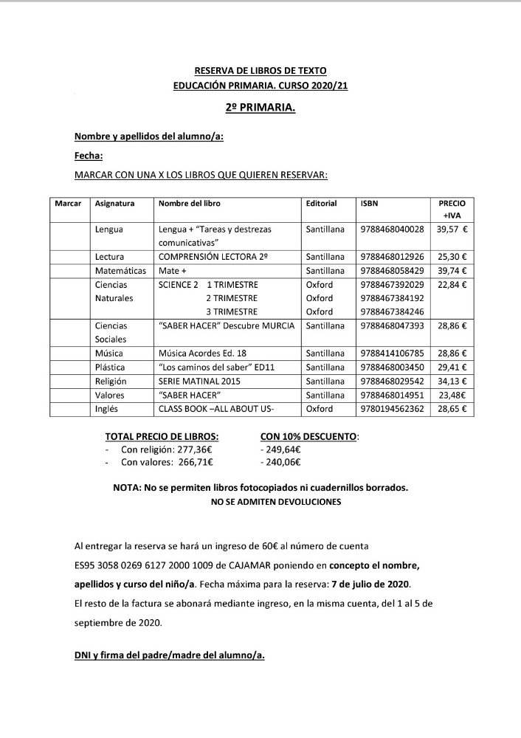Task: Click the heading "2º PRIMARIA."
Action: point(260,108)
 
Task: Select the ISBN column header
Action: point(370,203)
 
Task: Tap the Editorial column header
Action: point(321,203)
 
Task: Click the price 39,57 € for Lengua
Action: point(452,230)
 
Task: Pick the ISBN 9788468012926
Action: point(392,257)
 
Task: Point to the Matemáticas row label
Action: point(120,271)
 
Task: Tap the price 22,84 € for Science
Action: point(452,284)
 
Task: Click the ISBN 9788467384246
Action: point(392,311)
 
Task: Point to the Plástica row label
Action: point(110,367)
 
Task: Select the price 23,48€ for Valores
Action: point(452,395)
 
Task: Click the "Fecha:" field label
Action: point(89,156)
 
